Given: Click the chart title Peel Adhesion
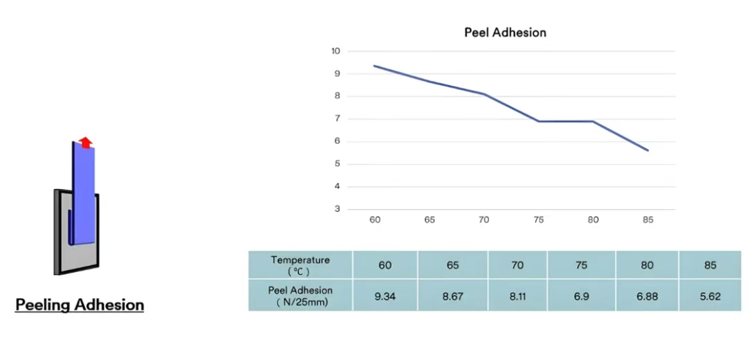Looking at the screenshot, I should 505,33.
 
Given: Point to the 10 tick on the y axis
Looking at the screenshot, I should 336,51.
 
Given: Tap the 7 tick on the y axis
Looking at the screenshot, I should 337,119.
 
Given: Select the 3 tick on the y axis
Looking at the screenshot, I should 337,209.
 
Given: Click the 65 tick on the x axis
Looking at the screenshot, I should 429,220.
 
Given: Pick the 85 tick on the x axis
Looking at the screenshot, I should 648,220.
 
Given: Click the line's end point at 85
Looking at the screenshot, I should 648,150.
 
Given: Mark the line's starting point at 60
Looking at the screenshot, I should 375,66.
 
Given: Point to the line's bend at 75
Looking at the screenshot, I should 539,122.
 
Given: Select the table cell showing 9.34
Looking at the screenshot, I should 385,296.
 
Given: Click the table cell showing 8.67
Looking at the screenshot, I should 453,296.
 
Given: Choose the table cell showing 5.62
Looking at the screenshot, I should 710,296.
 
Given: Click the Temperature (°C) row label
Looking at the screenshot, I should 301,264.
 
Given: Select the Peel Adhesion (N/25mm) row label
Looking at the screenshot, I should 301,296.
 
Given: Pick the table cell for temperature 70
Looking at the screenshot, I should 517,265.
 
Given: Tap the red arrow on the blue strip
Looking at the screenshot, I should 85,142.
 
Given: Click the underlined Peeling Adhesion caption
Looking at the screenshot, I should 80,305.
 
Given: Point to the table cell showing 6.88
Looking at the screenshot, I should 646,296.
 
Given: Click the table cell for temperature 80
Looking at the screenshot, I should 646,265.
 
